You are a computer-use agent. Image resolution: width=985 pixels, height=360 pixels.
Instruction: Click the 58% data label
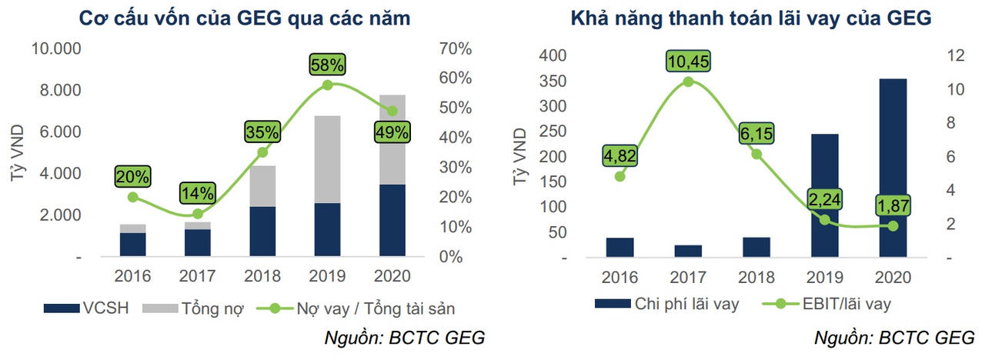pos(327,64)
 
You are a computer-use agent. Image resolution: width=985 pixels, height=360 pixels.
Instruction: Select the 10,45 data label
pos(688,60)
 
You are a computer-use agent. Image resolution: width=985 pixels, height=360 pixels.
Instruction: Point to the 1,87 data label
pos(893,206)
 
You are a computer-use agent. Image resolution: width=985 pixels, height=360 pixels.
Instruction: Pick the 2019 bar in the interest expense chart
pos(825,195)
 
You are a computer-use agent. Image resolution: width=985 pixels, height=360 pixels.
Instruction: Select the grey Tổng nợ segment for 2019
pos(327,159)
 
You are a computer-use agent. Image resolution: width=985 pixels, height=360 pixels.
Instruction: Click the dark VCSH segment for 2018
pos(262,232)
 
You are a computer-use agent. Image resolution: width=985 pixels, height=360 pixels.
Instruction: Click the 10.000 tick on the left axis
pos(56,49)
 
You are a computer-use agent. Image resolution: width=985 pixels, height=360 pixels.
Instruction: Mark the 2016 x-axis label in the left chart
pos(133,275)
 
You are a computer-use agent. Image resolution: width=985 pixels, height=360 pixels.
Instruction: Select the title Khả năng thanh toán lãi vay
pos(750,16)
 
